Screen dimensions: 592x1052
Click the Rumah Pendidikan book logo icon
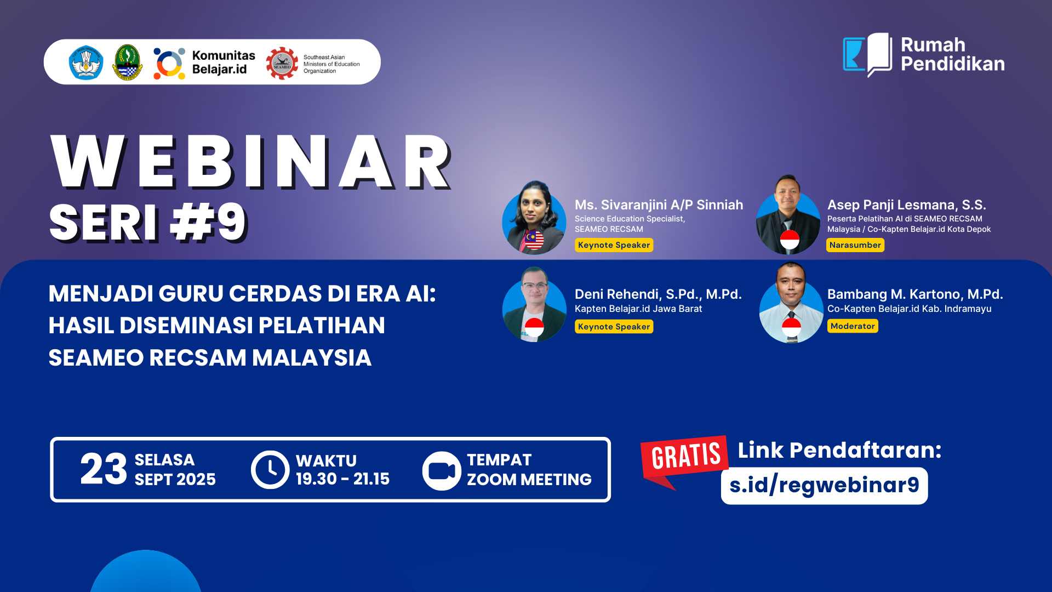(868, 55)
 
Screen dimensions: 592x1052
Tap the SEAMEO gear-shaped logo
(282, 63)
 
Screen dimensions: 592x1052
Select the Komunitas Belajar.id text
(223, 62)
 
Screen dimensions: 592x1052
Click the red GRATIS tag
(685, 456)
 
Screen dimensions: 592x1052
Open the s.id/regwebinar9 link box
(824, 486)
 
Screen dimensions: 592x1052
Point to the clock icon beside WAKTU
(270, 470)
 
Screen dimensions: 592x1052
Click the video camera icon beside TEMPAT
(441, 470)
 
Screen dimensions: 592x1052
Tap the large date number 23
(103, 470)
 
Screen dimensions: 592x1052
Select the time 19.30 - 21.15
(342, 479)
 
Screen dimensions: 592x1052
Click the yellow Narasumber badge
(855, 245)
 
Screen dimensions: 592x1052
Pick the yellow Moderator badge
(853, 326)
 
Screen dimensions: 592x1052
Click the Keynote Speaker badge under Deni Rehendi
(614, 327)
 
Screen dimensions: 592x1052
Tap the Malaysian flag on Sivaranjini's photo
(534, 240)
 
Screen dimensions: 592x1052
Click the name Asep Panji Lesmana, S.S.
(906, 205)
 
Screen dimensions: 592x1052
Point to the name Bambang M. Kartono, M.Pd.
(915, 294)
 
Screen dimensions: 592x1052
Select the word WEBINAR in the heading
(250, 162)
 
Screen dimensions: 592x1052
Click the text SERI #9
(148, 223)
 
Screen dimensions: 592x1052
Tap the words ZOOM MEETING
(529, 480)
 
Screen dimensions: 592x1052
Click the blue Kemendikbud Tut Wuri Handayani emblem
(85, 62)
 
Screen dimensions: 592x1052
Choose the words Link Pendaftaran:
(839, 451)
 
